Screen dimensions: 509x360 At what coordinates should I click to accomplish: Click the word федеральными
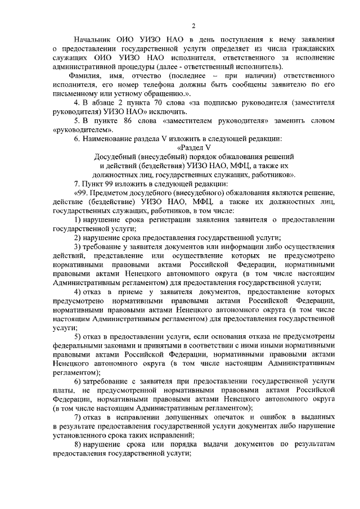pyautogui.click(x=80, y=346)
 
